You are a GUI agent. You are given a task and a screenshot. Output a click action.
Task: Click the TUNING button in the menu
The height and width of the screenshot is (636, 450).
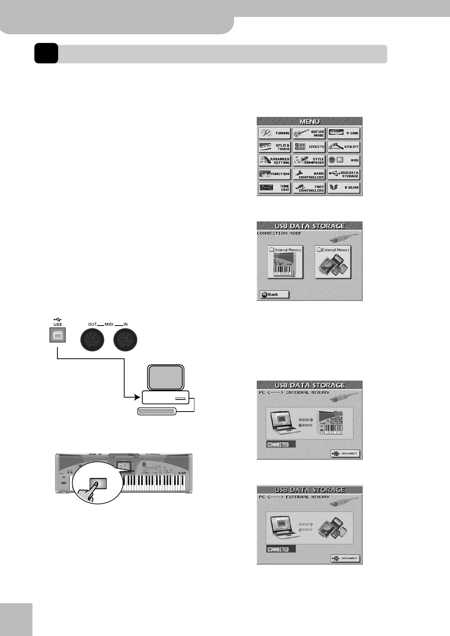click(x=274, y=133)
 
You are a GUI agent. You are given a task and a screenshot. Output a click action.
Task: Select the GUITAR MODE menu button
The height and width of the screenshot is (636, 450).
click(x=309, y=133)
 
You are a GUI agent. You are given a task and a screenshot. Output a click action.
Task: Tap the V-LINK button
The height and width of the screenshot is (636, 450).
click(x=344, y=133)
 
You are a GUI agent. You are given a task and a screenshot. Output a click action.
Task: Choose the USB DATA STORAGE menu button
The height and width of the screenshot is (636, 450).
click(x=344, y=174)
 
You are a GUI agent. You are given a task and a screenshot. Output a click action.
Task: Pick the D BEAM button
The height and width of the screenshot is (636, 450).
click(x=344, y=187)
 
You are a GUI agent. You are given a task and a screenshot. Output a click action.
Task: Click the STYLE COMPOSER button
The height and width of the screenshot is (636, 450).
click(x=309, y=160)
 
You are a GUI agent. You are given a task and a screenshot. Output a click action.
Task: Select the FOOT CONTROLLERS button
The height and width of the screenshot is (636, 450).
click(x=309, y=188)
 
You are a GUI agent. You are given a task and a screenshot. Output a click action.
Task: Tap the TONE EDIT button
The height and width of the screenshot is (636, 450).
click(x=274, y=187)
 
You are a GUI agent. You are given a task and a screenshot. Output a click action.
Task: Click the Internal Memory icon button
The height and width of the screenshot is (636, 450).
click(x=285, y=262)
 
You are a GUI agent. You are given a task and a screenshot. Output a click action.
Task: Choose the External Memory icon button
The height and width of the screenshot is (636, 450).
click(x=333, y=262)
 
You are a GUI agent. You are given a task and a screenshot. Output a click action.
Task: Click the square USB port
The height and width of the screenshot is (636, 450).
click(x=57, y=335)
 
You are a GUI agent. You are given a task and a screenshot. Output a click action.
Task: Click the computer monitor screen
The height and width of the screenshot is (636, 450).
click(x=166, y=377)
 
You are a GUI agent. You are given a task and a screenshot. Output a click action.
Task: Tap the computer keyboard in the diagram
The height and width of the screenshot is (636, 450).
click(x=157, y=412)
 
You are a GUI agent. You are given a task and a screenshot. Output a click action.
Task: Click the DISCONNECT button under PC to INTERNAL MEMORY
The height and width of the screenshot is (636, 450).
click(x=345, y=454)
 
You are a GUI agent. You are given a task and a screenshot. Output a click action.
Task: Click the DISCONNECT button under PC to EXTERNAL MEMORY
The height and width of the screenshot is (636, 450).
click(x=345, y=558)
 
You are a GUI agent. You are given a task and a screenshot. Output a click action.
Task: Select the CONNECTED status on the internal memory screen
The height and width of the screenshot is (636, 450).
click(x=280, y=445)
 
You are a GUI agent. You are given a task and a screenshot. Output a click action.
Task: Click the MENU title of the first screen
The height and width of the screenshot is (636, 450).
click(x=310, y=121)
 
